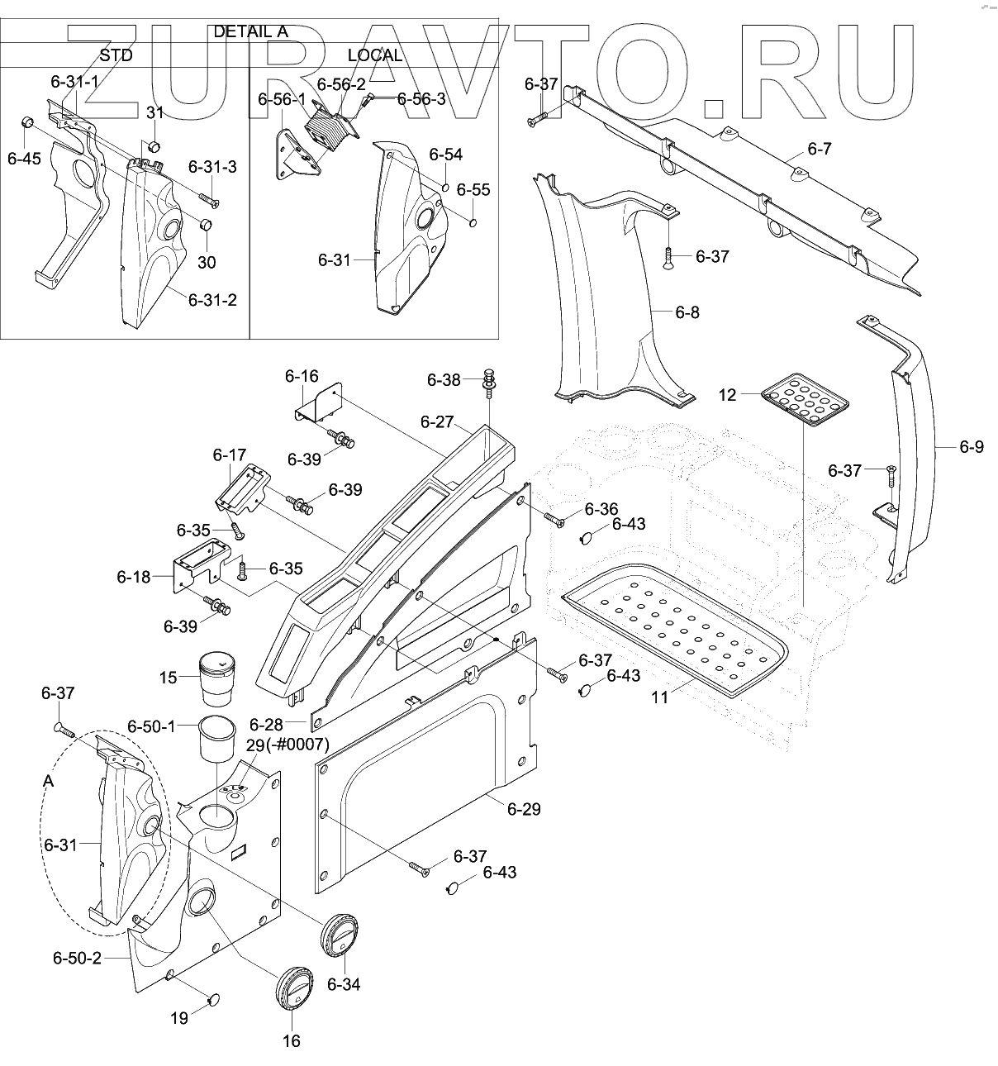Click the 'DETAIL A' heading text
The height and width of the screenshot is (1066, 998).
(x=249, y=31)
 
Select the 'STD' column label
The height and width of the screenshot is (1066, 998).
(x=115, y=55)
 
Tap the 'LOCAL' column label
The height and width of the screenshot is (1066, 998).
(x=374, y=55)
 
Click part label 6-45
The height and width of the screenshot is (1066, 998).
(x=24, y=159)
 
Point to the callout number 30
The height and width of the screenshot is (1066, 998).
(x=207, y=262)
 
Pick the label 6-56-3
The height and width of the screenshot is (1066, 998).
(x=421, y=99)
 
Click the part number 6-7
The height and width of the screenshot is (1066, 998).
(x=820, y=149)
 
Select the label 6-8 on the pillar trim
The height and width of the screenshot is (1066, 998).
(x=687, y=312)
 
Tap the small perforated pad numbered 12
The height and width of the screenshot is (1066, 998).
(x=805, y=400)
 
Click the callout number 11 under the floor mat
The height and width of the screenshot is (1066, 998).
(x=659, y=697)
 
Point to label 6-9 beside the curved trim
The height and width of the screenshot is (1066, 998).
(x=972, y=447)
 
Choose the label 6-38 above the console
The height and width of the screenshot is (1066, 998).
(x=444, y=380)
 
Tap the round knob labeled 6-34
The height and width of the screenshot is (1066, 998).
(x=338, y=935)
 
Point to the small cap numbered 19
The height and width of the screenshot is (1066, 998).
(x=214, y=1000)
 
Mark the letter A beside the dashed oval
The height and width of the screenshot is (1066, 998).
(x=48, y=782)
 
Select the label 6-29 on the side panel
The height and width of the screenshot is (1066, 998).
(x=524, y=809)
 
